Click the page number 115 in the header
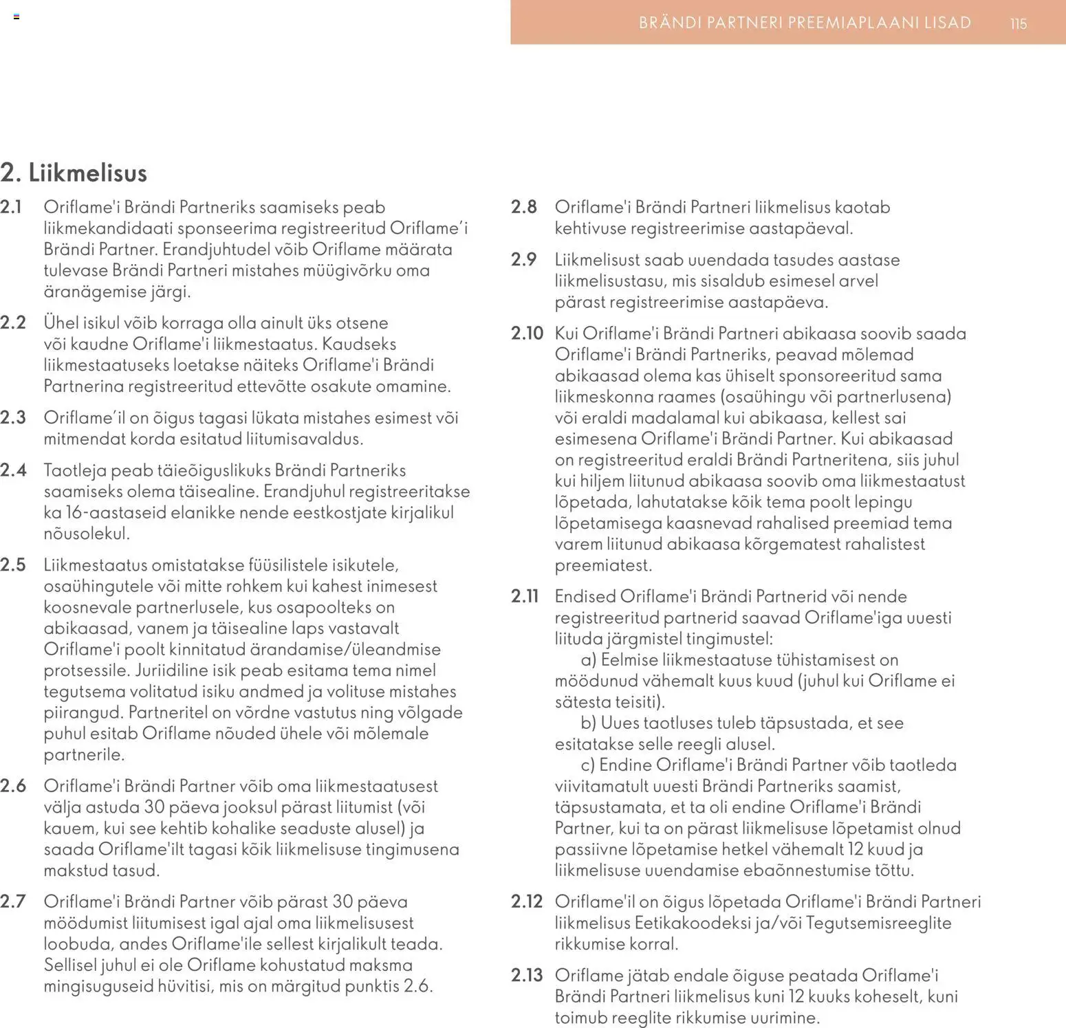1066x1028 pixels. tap(1018, 23)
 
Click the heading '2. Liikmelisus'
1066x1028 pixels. tap(74, 173)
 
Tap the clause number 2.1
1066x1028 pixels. tap(12, 207)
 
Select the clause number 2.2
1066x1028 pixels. tap(13, 322)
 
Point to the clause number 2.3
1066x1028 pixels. tap(13, 417)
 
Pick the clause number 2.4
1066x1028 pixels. tap(13, 470)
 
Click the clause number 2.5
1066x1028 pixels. tap(13, 565)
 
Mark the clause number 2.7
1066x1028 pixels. tap(13, 901)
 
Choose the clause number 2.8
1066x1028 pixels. tap(524, 207)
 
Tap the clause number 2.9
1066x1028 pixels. tap(524, 260)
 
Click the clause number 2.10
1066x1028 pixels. tap(527, 333)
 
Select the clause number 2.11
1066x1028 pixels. tap(525, 596)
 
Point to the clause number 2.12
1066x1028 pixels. tap(527, 901)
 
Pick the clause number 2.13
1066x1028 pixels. tap(527, 975)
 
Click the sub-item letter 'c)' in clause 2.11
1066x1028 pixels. tap(587, 765)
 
